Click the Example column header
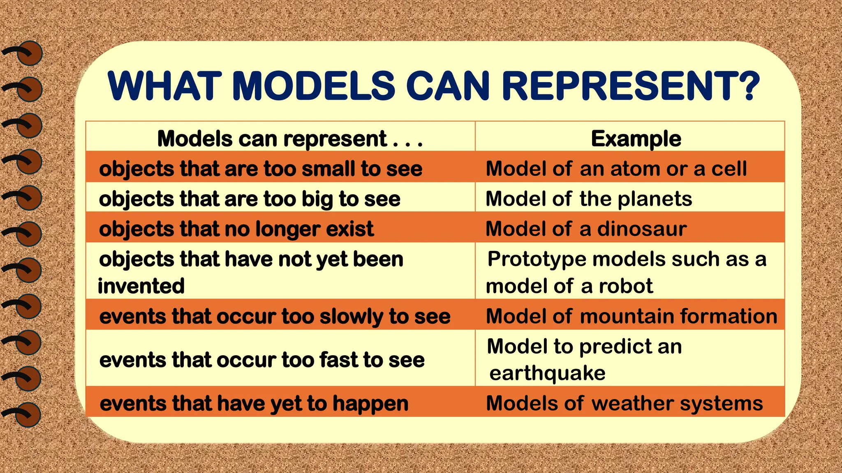click(x=636, y=139)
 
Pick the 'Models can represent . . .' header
click(x=290, y=139)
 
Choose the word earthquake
click(x=547, y=373)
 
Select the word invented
click(x=141, y=286)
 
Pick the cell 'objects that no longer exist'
click(x=236, y=229)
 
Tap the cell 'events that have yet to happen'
click(x=254, y=403)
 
